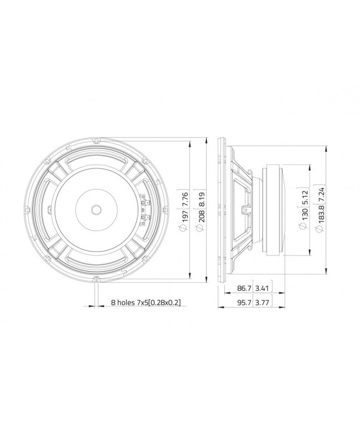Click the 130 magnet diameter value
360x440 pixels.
point(304,216)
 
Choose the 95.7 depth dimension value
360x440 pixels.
point(243,303)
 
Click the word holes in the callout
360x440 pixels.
point(128,303)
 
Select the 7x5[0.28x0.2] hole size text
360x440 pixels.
point(161,303)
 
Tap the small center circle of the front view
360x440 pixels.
point(96,209)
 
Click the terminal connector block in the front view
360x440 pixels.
point(146,209)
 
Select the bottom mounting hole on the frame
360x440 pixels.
point(96,278)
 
